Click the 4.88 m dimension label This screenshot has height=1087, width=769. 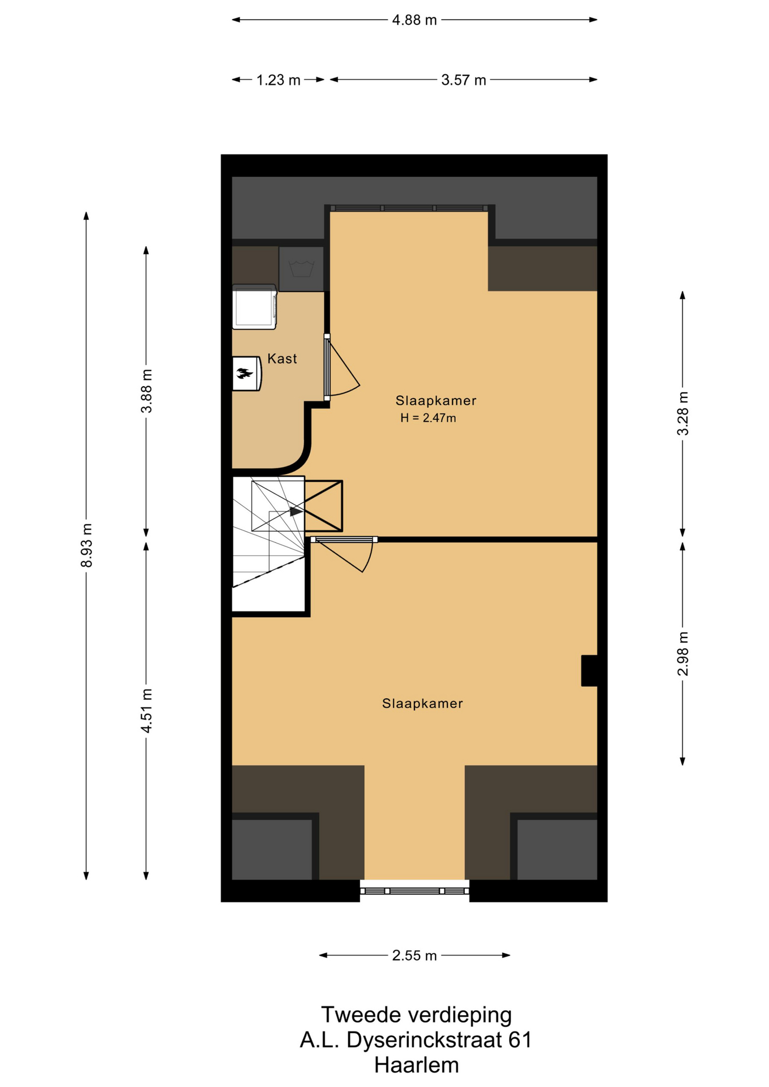click(415, 20)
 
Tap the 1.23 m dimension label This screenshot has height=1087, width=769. click(278, 80)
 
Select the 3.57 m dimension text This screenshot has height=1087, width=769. click(464, 80)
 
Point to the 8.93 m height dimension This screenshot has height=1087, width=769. click(86, 545)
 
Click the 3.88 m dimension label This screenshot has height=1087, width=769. click(146, 391)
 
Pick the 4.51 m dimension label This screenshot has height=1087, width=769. click(146, 711)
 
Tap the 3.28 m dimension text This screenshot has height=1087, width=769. click(683, 413)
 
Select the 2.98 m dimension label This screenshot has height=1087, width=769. click(683, 653)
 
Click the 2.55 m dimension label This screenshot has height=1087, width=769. click(415, 956)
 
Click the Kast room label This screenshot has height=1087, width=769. click(282, 358)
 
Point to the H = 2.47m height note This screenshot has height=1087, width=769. click(428, 418)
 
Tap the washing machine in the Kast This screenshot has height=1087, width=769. click(254, 307)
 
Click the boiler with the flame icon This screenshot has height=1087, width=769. click(247, 373)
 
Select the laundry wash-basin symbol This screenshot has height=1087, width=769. click(301, 268)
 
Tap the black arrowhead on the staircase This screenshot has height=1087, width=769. click(296, 511)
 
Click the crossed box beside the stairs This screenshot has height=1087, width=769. click(323, 506)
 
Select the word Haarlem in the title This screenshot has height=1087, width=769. click(416, 1065)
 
